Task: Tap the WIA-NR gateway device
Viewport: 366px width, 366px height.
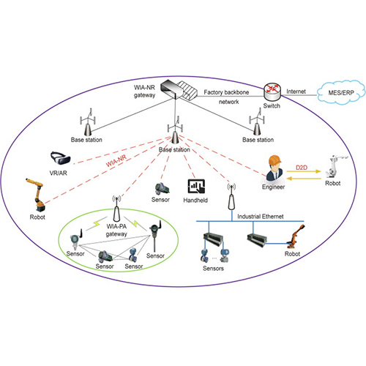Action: click(x=176, y=89)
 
